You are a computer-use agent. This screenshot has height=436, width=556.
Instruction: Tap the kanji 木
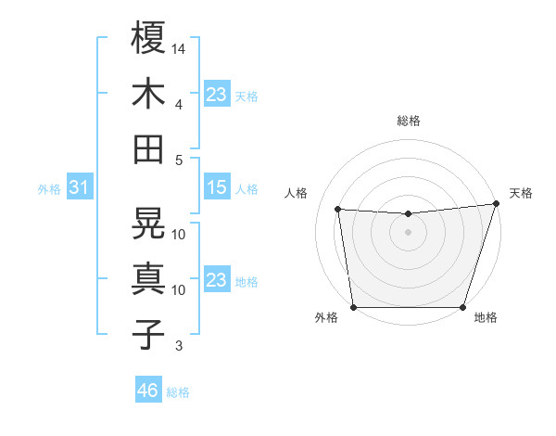pos(148,94)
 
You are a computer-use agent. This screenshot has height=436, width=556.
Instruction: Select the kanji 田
pos(148,148)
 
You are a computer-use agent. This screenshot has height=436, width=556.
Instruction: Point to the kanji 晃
pos(148,223)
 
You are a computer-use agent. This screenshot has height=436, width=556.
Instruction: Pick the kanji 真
pos(148,278)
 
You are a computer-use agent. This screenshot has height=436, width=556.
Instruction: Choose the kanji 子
pos(148,334)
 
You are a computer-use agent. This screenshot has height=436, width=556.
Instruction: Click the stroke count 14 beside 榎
pos(180,47)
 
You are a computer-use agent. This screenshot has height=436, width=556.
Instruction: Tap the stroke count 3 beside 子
pos(179,347)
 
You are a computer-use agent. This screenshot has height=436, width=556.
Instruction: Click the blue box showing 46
pos(147,391)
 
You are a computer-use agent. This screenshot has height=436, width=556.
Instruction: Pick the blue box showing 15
pos(216,188)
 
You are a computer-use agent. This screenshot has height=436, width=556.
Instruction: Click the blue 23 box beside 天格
pos(216,95)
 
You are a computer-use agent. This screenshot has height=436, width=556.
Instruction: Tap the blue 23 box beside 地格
pos(216,280)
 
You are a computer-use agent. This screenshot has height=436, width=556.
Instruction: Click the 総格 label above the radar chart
pos(409,121)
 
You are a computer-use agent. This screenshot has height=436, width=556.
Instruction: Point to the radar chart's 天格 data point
pos(496,203)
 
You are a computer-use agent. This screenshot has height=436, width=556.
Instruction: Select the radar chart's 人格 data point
pos(338,210)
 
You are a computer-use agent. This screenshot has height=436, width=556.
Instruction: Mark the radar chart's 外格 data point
pos(353,307)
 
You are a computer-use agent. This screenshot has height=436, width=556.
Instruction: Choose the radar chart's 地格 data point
pos(463,307)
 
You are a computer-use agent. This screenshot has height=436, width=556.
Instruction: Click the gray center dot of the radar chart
pos(408,232)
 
